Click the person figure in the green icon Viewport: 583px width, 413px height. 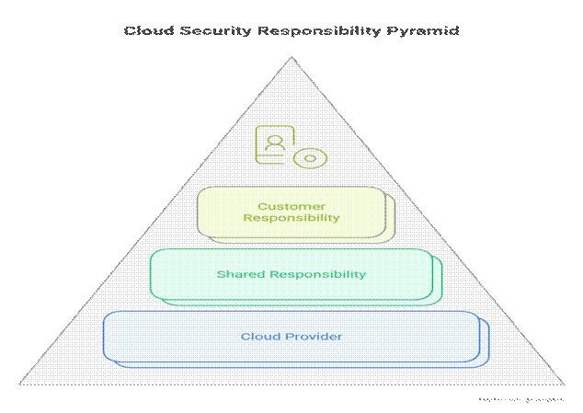(x=273, y=143)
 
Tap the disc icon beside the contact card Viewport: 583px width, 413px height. (x=310, y=157)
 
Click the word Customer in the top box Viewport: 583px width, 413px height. (x=291, y=206)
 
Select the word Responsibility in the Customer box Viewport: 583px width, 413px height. (x=291, y=219)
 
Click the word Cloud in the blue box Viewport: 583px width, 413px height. (x=257, y=337)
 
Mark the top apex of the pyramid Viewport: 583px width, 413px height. (x=291, y=58)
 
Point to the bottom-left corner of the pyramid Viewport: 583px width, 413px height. (x=17, y=384)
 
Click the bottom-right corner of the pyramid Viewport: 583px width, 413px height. (x=565, y=384)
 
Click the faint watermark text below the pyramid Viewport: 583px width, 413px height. (x=520, y=400)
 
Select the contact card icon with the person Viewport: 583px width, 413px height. (x=274, y=145)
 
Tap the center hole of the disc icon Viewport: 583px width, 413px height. (x=310, y=157)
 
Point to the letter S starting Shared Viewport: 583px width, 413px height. (x=220, y=274)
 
